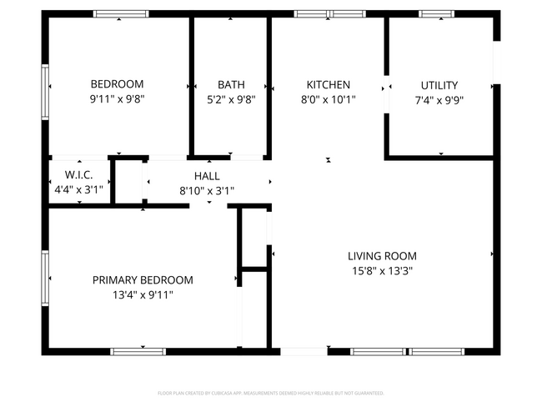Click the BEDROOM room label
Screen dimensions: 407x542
(x=117, y=84)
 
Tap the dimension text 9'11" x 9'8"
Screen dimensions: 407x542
(x=117, y=98)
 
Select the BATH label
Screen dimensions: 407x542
(x=231, y=84)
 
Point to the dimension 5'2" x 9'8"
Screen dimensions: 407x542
(x=231, y=98)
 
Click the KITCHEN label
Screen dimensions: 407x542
(x=329, y=84)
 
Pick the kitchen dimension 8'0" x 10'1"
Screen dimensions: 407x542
(x=329, y=98)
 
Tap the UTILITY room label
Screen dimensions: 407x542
(x=439, y=84)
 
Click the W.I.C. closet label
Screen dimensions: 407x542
(x=78, y=175)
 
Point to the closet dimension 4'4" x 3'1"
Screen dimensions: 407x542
(x=78, y=189)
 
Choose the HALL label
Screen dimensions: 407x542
(x=207, y=176)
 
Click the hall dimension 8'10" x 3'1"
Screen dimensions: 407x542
(x=207, y=190)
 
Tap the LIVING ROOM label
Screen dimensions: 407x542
(x=382, y=256)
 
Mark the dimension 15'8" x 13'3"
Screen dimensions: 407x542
(x=382, y=270)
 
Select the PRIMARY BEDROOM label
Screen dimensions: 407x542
(x=143, y=280)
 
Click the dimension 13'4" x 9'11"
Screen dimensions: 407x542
(x=143, y=294)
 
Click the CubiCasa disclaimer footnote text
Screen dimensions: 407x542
(x=271, y=392)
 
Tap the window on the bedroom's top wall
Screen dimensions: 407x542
(x=121, y=14)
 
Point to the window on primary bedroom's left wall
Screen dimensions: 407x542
(x=46, y=279)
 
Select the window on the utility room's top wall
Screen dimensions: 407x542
(x=434, y=14)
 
